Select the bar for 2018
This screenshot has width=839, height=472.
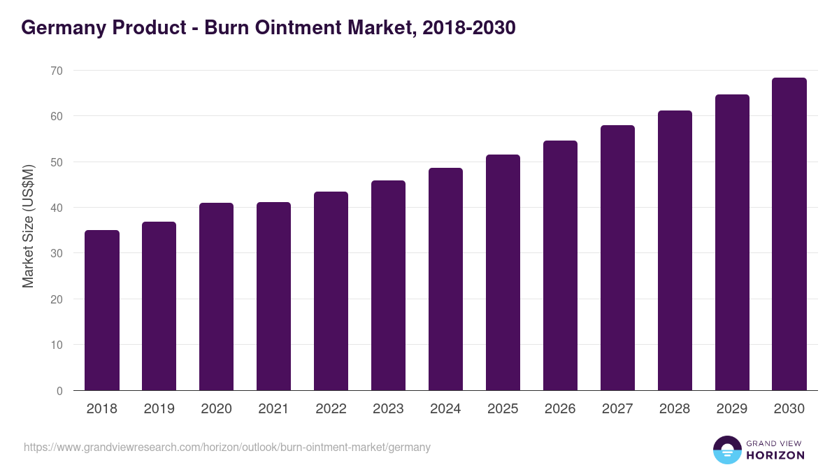102,310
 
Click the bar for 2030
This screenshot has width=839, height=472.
789,234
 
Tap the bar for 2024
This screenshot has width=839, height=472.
445,279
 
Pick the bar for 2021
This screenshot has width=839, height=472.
273,296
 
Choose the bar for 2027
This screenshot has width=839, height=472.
617,258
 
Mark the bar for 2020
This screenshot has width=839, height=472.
216,296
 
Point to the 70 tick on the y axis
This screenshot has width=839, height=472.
56,71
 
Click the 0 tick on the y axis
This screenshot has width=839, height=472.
59,391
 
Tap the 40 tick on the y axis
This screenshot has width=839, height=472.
56,208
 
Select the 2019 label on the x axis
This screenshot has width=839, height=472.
159,409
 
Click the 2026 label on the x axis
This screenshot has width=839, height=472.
560,409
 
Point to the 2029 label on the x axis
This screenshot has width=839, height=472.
732,409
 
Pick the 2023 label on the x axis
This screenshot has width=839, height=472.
388,409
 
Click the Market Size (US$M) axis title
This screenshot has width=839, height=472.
28,226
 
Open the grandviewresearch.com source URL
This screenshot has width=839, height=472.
227,447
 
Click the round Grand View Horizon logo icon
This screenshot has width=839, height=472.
727,450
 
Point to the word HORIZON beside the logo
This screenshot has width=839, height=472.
775,455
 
